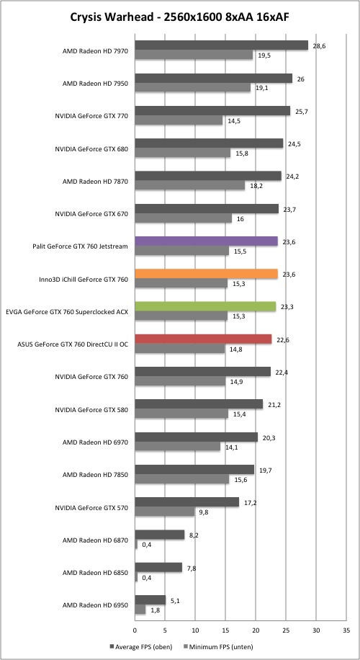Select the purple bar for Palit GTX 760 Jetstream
coord(206,241)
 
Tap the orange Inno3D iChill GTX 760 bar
coord(206,274)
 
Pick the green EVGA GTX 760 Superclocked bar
coord(205,306)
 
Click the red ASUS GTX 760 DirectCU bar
coord(203,339)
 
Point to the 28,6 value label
coord(320,46)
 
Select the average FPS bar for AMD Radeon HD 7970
coord(221,45)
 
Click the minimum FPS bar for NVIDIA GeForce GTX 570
coord(164,512)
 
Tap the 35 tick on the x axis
coord(346,630)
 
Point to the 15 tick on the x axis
coord(225,630)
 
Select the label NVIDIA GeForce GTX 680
coord(91,149)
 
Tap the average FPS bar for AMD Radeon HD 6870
coord(159,535)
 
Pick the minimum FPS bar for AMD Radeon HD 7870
coord(189,185)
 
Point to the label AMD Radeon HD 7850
coord(95,475)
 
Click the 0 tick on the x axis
coord(135,630)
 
